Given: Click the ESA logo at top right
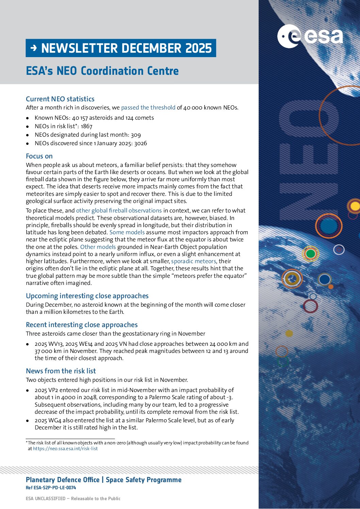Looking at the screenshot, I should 310,36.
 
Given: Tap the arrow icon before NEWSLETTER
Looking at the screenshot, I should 33,48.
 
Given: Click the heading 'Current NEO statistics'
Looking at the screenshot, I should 60,99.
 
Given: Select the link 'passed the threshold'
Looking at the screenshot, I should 148,107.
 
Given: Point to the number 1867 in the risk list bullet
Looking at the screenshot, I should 86,126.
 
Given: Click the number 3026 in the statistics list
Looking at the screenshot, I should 141,143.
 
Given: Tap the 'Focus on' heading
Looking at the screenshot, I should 39,156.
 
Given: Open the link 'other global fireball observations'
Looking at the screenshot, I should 119,210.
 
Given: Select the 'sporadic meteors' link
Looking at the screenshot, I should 193,261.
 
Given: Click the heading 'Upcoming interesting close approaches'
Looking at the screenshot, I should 87,296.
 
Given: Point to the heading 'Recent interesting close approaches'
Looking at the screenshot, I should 82,325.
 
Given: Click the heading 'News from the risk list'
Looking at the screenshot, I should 61,371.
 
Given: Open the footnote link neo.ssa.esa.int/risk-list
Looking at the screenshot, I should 65,448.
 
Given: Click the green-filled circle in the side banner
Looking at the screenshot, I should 310,254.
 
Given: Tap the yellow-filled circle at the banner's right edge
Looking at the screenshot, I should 355,206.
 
